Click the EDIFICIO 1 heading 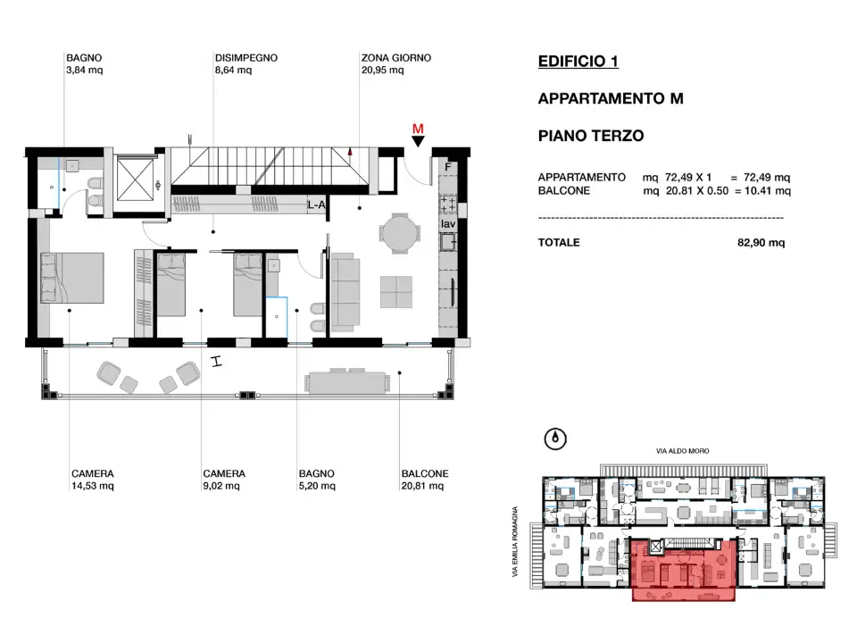pos(578,62)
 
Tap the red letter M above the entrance pos(418,129)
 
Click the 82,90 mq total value pos(761,242)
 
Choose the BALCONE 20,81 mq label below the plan pos(425,480)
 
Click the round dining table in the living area pos(400,233)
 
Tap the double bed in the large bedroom pos(72,277)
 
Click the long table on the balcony pos(347,381)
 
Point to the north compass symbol pos(555,438)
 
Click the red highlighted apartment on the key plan pos(683,570)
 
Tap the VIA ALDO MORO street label pos(683,451)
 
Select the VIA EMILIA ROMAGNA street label pos(515,541)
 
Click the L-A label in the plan pos(316,205)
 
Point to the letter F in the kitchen pos(448,167)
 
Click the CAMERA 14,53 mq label pos(92,480)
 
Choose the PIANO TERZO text pos(591,136)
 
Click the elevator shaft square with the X pos(135,178)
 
